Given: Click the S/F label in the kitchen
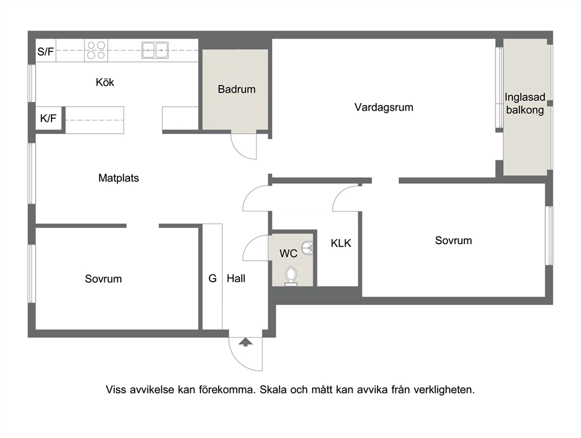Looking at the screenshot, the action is pyautogui.click(x=46, y=52).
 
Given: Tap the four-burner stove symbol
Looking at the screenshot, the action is pyautogui.click(x=96, y=50).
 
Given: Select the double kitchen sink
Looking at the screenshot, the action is pyautogui.click(x=155, y=50).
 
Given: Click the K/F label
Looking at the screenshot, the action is pyautogui.click(x=48, y=119).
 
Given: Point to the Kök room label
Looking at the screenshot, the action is pyautogui.click(x=105, y=82).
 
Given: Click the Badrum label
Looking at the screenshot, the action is pyautogui.click(x=237, y=90).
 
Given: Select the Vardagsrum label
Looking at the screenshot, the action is pyautogui.click(x=384, y=108).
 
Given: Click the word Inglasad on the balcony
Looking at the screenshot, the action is pyautogui.click(x=525, y=97).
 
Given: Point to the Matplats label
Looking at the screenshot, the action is pyautogui.click(x=118, y=178).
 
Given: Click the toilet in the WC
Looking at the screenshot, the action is pyautogui.click(x=291, y=276).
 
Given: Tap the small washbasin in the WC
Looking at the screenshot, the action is pyautogui.click(x=307, y=248).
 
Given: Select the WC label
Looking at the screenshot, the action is pyautogui.click(x=288, y=254).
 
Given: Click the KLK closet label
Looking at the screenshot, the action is pyautogui.click(x=341, y=243).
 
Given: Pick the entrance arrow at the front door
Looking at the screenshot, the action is pyautogui.click(x=245, y=341).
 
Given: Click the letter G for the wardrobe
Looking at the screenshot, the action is pyautogui.click(x=213, y=278).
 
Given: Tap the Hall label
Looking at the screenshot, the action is pyautogui.click(x=236, y=278).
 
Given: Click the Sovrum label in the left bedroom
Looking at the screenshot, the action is pyautogui.click(x=104, y=279).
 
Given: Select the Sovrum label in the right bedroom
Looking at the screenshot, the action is pyautogui.click(x=453, y=241).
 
